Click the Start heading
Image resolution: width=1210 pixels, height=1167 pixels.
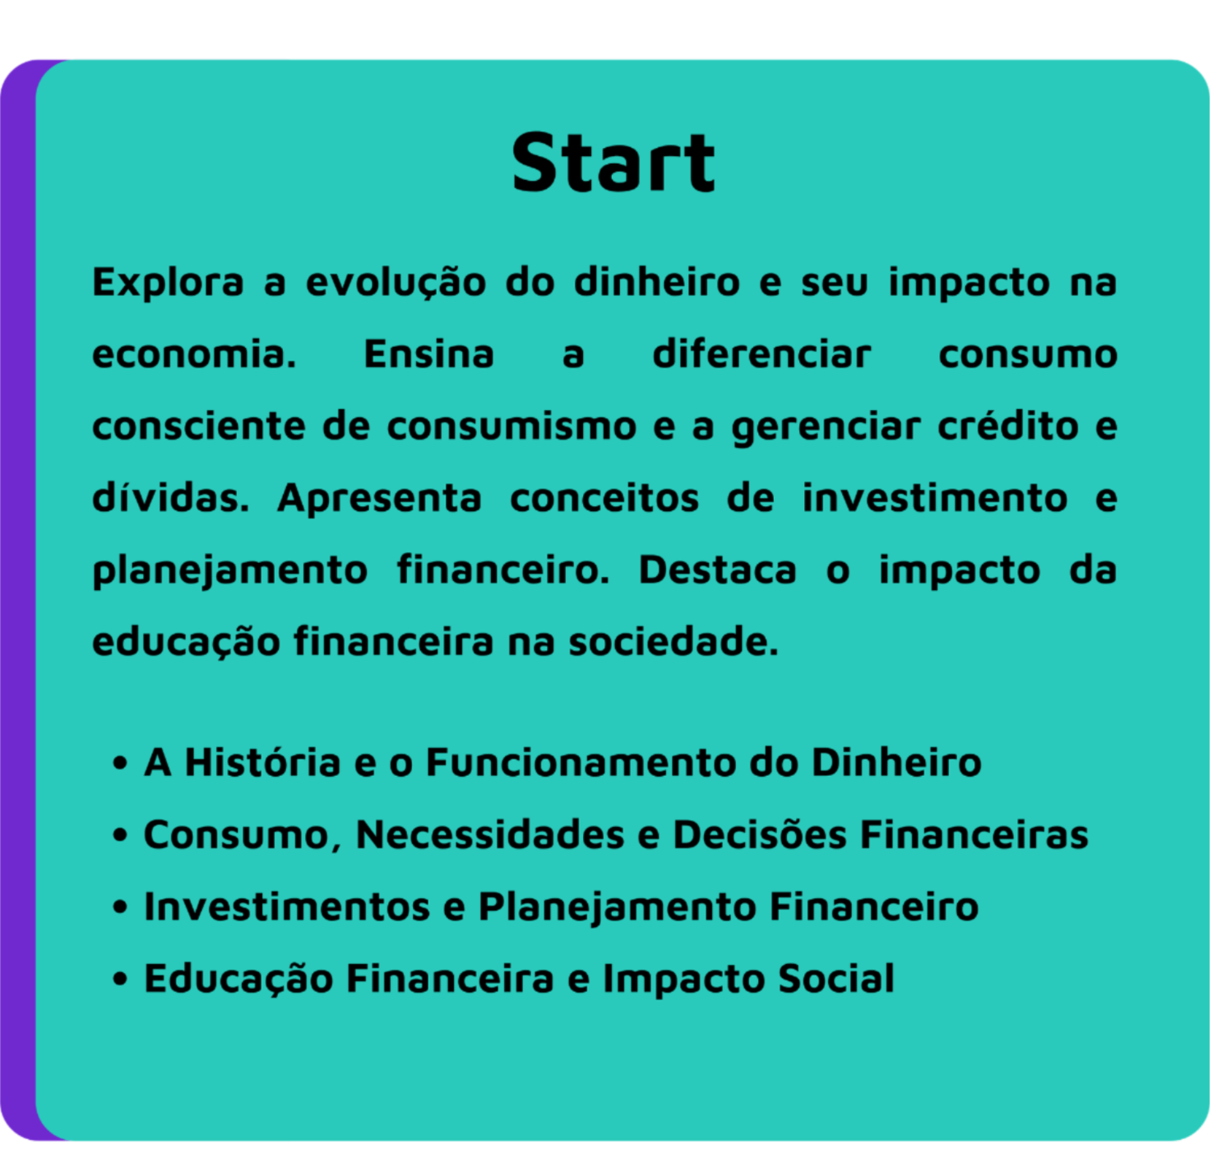click(x=613, y=162)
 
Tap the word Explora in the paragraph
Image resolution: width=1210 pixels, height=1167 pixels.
click(x=168, y=283)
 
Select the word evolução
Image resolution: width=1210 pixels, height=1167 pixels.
click(x=396, y=283)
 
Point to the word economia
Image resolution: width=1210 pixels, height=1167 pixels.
click(x=194, y=354)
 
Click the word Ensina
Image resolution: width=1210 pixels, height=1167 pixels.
click(x=429, y=354)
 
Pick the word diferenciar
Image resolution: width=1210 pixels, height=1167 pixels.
click(x=762, y=354)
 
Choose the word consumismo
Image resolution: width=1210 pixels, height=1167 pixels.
click(x=512, y=426)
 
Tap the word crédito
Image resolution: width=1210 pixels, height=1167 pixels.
click(x=1008, y=426)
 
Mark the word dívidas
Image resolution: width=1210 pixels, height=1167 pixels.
click(x=171, y=498)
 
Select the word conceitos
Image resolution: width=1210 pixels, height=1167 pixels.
click(x=604, y=498)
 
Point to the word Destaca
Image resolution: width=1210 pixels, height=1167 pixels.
click(x=718, y=570)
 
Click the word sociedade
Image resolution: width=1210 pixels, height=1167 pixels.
click(x=674, y=642)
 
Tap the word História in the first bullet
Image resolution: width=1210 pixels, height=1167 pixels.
click(x=263, y=763)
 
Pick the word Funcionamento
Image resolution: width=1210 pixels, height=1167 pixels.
click(x=581, y=763)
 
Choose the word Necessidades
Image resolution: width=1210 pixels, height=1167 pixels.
click(x=490, y=834)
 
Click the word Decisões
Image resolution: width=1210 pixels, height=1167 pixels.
click(x=760, y=834)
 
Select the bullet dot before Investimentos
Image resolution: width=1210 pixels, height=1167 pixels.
click(x=120, y=908)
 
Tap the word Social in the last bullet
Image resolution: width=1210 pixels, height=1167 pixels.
click(x=836, y=979)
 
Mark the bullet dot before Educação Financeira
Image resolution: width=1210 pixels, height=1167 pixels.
click(x=120, y=979)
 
